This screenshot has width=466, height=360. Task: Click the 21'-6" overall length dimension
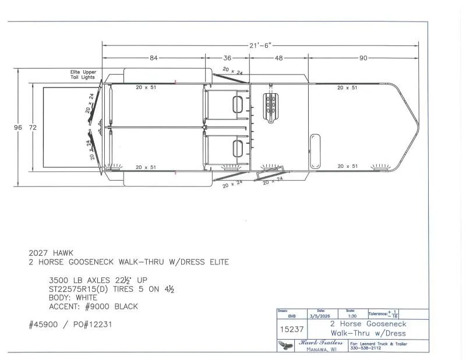[259, 45]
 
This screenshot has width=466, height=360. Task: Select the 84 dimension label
[154, 58]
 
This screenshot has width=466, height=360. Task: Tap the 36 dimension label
[227, 58]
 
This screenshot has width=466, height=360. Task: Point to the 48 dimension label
[278, 58]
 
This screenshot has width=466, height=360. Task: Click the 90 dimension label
[363, 58]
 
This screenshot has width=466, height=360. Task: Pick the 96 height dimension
[17, 128]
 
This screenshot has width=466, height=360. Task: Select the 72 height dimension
[34, 128]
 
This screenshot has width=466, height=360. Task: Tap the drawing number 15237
[292, 329]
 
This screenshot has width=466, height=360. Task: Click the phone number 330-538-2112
[366, 348]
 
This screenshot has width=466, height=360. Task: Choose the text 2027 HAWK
[52, 253]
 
